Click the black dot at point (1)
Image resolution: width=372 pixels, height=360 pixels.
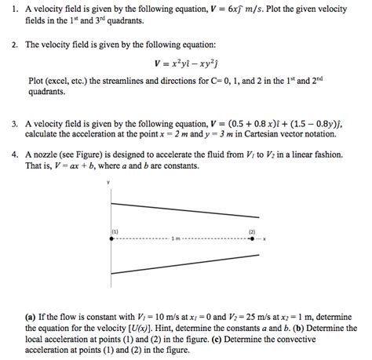coord(113,239)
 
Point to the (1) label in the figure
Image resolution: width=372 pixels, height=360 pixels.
coord(115,231)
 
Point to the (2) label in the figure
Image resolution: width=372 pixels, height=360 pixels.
coord(252,231)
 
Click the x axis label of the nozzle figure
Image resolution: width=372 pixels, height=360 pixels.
coord(266,239)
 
